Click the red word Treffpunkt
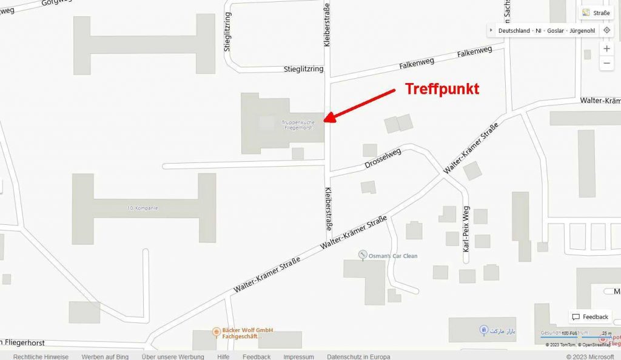pyautogui.click(x=442, y=89)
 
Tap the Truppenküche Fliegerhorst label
pyautogui.click(x=298, y=125)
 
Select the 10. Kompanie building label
pyautogui.click(x=143, y=208)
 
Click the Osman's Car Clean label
pyautogui.click(x=393, y=256)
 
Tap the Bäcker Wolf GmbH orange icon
pyautogui.click(x=217, y=332)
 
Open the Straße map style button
pyautogui.click(x=596, y=13)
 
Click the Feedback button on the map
pyautogui.click(x=590, y=317)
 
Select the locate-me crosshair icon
pyautogui.click(x=606, y=30)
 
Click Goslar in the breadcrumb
pyautogui.click(x=556, y=30)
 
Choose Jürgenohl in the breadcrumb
pyautogui.click(x=582, y=30)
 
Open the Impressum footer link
pyautogui.click(x=298, y=356)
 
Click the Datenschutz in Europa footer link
pyautogui.click(x=358, y=356)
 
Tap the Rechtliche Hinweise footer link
pyautogui.click(x=41, y=356)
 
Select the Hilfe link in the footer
pyautogui.click(x=223, y=356)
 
